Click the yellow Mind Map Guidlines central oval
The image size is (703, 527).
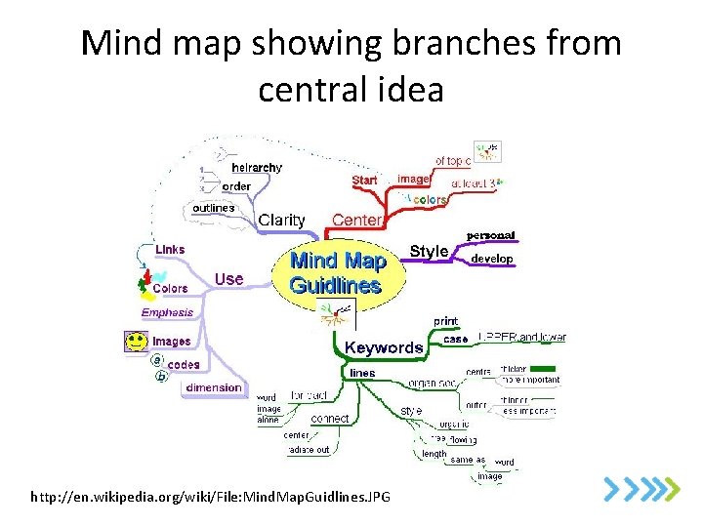click(x=335, y=273)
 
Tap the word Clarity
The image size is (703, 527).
click(x=281, y=221)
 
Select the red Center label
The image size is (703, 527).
click(x=357, y=221)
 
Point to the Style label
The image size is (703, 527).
click(x=429, y=252)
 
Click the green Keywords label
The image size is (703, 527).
click(x=384, y=347)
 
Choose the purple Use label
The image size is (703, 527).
click(x=228, y=279)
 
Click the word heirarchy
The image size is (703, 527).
click(x=257, y=167)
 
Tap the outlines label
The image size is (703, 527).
click(x=213, y=208)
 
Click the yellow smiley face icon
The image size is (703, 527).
click(x=136, y=343)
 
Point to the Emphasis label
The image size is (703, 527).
click(x=168, y=313)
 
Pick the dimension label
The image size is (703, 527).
click(x=214, y=387)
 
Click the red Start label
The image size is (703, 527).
click(x=364, y=181)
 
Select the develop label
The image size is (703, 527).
click(x=492, y=259)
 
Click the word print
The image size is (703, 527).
click(x=445, y=321)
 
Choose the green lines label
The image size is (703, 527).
click(x=361, y=373)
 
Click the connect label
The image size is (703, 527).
click(x=330, y=419)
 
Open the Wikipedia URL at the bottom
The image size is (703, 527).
click(x=210, y=498)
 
